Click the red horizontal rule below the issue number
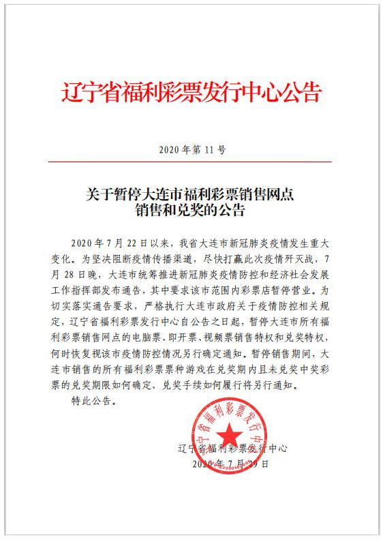pyautogui.click(x=191, y=162)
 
